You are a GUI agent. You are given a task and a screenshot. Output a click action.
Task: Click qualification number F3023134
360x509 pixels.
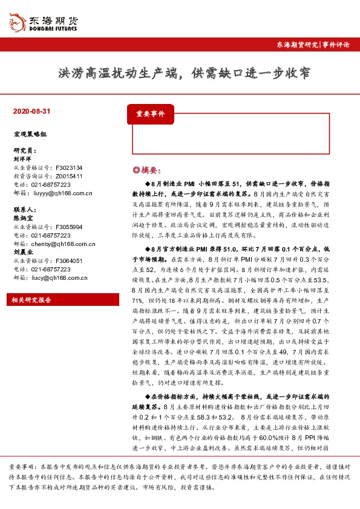(68, 167)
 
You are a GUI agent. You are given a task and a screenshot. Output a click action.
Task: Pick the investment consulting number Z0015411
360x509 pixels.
(68, 176)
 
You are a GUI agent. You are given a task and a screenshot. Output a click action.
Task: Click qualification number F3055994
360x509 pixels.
(68, 227)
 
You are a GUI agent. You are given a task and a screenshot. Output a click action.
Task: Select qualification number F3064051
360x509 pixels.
(68, 261)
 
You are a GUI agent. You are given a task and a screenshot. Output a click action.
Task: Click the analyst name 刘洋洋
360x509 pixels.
(22, 158)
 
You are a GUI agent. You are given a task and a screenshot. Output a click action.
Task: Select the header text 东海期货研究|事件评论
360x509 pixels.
(312, 45)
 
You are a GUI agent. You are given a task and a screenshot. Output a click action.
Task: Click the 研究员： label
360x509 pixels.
(25, 149)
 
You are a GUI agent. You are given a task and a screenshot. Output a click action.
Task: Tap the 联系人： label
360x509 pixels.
(25, 209)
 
